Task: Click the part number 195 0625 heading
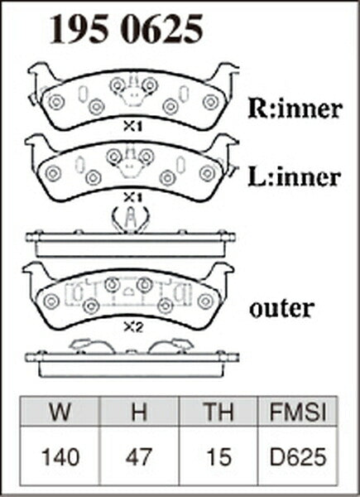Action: tap(126, 29)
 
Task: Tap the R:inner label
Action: tap(295, 109)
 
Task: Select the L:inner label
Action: tap(295, 177)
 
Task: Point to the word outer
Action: tap(282, 308)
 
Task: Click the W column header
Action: tap(60, 412)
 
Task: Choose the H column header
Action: tap(139, 412)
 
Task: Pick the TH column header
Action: tap(218, 412)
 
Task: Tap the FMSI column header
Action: tap(298, 412)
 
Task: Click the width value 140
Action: tap(60, 457)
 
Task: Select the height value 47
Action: tap(139, 457)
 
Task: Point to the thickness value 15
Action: tap(218, 457)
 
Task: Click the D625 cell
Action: tap(298, 457)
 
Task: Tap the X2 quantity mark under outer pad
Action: tap(133, 328)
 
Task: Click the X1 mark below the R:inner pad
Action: tap(132, 127)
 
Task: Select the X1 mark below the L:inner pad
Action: tap(132, 198)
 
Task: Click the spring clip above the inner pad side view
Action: tap(131, 220)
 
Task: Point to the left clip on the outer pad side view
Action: tap(92, 345)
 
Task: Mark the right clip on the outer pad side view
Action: tap(171, 345)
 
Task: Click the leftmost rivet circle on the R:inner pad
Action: tap(56, 102)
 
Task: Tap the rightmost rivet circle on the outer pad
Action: tap(206, 301)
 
